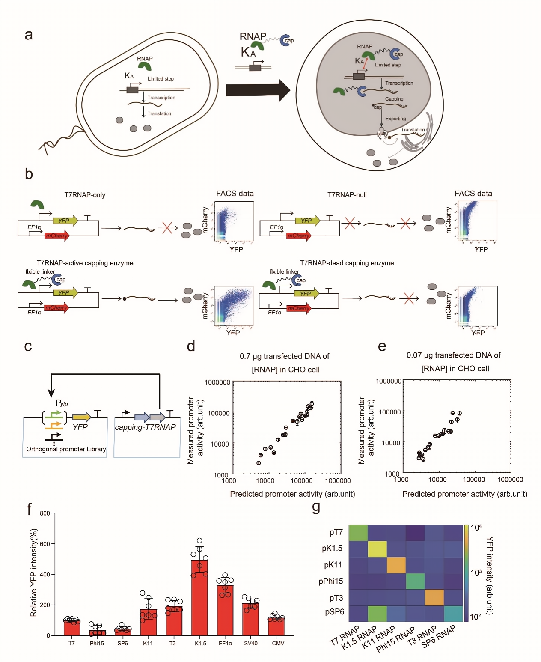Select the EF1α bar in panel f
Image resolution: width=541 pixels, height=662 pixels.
(225, 610)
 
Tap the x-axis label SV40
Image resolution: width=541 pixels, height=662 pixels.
(251, 643)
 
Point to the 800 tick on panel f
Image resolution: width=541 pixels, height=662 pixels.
(45, 513)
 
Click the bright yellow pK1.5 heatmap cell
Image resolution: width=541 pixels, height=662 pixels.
(377, 549)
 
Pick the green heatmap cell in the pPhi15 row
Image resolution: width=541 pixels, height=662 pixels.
(415, 581)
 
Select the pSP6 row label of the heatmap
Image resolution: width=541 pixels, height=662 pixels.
(334, 612)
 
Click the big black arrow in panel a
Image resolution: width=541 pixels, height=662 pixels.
(258, 90)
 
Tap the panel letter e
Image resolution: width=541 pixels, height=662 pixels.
(382, 346)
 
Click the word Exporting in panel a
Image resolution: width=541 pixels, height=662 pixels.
(395, 119)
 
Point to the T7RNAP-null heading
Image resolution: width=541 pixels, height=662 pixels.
(347, 195)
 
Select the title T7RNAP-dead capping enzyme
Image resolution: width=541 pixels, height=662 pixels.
(347, 263)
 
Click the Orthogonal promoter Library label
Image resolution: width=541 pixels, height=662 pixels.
(66, 449)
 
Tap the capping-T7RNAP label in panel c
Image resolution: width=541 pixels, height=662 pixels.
(145, 427)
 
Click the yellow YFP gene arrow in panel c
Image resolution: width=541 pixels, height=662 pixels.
(81, 417)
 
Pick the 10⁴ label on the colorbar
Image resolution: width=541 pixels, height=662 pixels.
(476, 528)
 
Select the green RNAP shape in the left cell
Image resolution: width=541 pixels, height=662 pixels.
(144, 66)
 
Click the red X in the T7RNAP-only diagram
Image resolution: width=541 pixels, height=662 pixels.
(167, 228)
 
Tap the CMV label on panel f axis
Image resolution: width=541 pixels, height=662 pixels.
(278, 643)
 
